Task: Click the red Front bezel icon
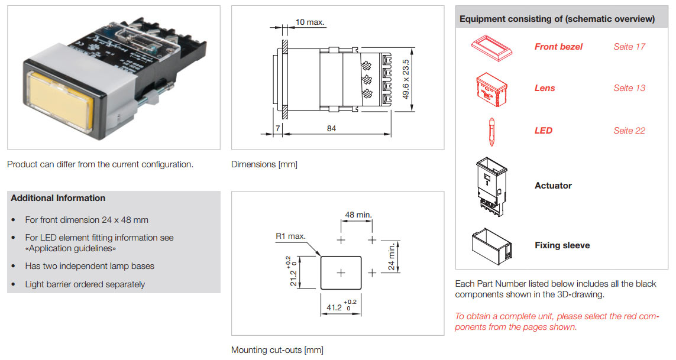pyautogui.click(x=491, y=48)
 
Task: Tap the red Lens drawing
pyautogui.click(x=491, y=89)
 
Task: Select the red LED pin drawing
pyautogui.click(x=491, y=131)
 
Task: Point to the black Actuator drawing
pyautogui.click(x=491, y=186)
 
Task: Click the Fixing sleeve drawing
pyautogui.click(x=491, y=246)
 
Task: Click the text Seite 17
pyautogui.click(x=629, y=47)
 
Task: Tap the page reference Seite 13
pyautogui.click(x=629, y=88)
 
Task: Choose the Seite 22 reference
pyautogui.click(x=629, y=131)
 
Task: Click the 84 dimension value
pyautogui.click(x=331, y=128)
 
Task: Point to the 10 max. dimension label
pyautogui.click(x=309, y=22)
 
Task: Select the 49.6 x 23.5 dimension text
pyautogui.click(x=406, y=79)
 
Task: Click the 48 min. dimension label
pyautogui.click(x=358, y=215)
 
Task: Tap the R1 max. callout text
pyautogui.click(x=290, y=236)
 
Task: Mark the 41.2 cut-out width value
pyautogui.click(x=334, y=307)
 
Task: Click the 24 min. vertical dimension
pyautogui.click(x=391, y=257)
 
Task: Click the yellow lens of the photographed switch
pyautogui.click(x=60, y=99)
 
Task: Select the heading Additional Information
pyautogui.click(x=58, y=198)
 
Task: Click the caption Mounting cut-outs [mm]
pyautogui.click(x=277, y=350)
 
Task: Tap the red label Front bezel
pyautogui.click(x=558, y=47)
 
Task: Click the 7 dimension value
pyautogui.click(x=277, y=128)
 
